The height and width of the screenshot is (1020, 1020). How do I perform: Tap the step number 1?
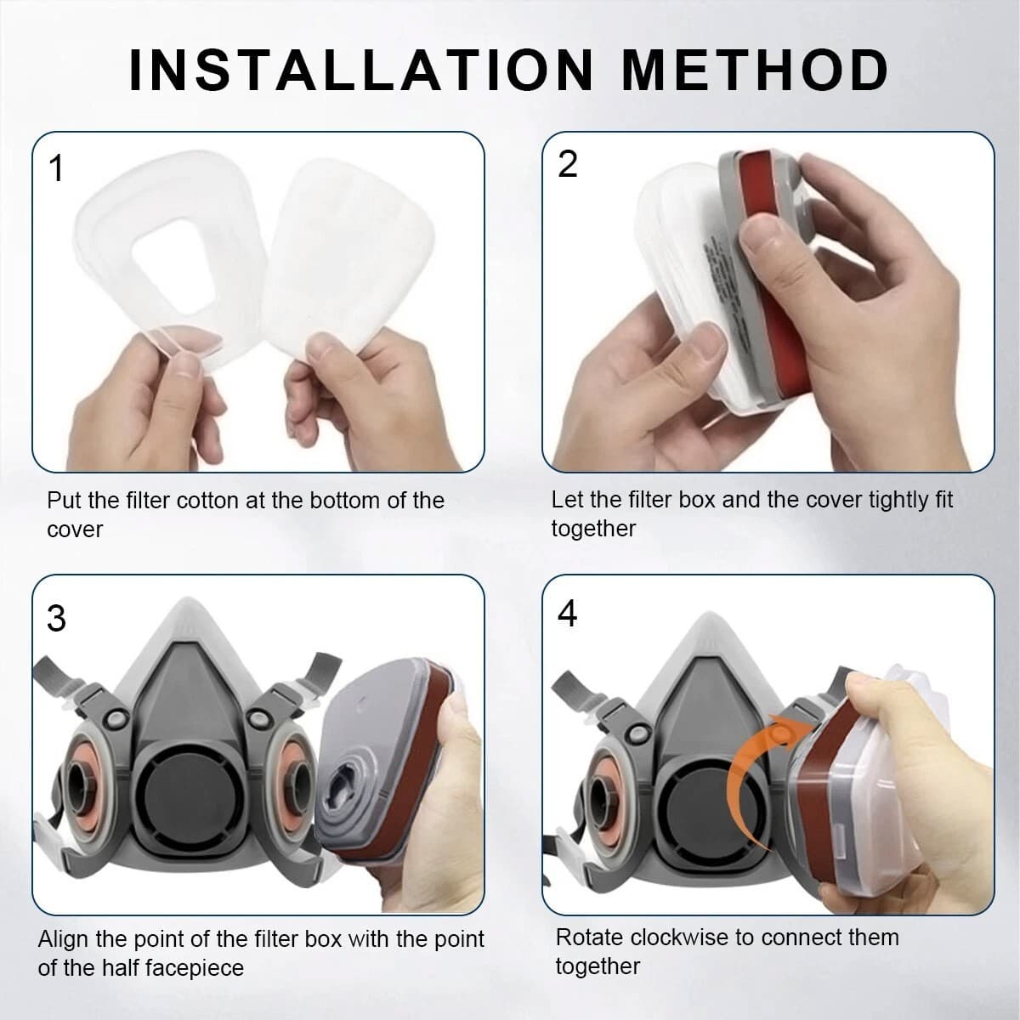56,168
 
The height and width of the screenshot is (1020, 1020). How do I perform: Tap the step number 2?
567,164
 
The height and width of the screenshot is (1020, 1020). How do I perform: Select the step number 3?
56,618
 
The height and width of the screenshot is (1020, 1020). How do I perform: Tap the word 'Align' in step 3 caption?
66,938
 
